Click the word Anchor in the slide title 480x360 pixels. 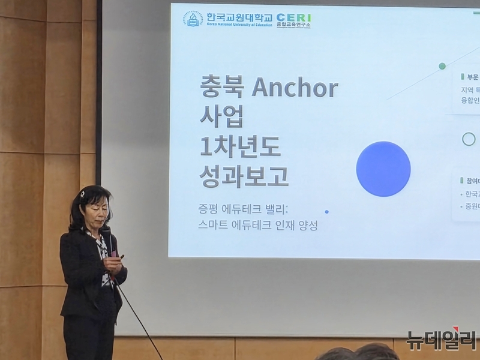pos(295,88)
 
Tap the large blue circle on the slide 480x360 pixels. pos(383,169)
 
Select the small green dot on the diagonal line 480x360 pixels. pos(442,66)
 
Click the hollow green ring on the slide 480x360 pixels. pos(469,139)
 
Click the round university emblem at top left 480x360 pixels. pos(193,19)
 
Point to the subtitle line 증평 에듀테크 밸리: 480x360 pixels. pos(244,209)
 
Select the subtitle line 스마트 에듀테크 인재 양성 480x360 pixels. pos(257,226)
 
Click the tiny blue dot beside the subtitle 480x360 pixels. pos(326,212)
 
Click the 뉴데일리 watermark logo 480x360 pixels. pos(441,339)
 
